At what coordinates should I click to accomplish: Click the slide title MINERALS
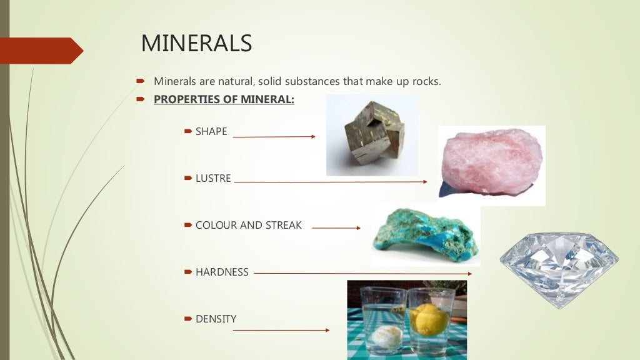pos(196,44)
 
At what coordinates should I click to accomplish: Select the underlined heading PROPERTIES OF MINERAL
pos(224,99)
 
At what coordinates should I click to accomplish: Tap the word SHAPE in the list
pos(211,132)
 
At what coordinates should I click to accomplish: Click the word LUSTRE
pos(213,179)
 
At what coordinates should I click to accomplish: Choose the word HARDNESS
pos(222,272)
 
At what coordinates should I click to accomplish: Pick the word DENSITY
pos(216,319)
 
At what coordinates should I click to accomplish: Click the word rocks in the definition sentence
pos(426,81)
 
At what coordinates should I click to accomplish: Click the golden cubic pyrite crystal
pos(371,134)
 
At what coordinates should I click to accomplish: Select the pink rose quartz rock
pos(491,164)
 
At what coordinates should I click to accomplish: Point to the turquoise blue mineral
pos(425,234)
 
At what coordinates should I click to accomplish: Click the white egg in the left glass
pos(382,335)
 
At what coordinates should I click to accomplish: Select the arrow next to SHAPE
pos(274,136)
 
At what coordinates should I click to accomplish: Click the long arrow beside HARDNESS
pos(362,273)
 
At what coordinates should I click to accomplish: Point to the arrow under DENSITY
pos(281,330)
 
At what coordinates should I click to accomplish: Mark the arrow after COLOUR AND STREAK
pos(336,228)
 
